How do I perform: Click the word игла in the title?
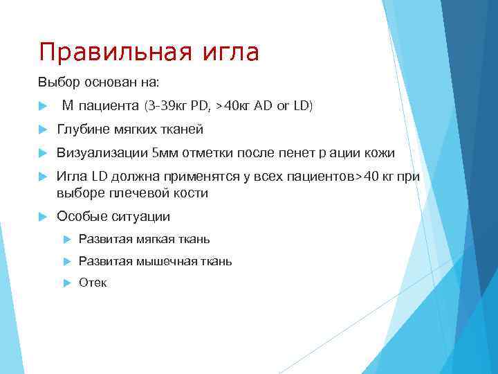(232, 53)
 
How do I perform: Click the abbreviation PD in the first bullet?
(199, 106)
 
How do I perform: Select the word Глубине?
(82, 130)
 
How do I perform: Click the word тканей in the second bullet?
(182, 130)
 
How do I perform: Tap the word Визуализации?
(102, 153)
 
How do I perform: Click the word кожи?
(380, 153)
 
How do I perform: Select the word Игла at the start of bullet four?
(70, 177)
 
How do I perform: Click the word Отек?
(93, 283)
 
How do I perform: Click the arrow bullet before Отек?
(66, 283)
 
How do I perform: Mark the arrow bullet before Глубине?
(42, 130)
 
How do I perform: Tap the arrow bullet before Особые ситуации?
(42, 216)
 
